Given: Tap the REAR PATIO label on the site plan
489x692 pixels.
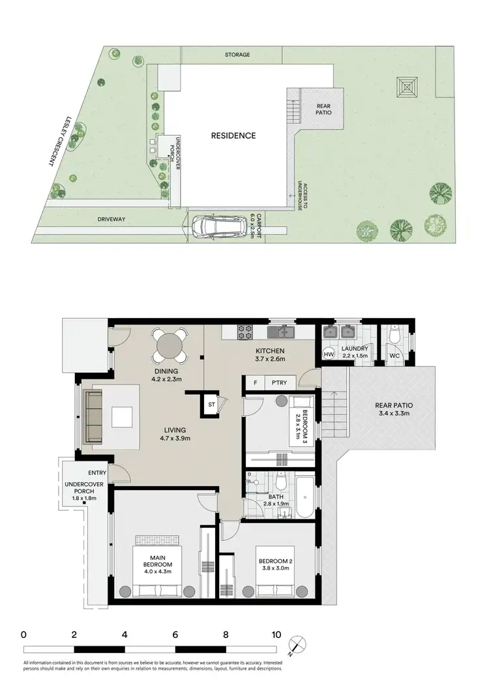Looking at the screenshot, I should click(324, 109).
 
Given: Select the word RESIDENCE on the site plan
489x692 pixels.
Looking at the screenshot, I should click(233, 136).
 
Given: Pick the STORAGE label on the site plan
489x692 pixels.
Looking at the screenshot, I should click(237, 55).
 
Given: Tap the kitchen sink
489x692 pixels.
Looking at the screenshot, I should click(285, 332).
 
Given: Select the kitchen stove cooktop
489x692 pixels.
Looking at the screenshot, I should click(244, 332).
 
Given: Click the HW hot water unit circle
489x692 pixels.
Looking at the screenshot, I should click(329, 354).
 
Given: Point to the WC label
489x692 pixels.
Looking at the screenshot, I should click(394, 356).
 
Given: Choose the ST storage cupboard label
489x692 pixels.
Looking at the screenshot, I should click(211, 405).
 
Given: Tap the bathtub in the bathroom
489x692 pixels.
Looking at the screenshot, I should click(304, 495).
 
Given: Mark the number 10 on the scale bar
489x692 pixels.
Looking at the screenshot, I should click(276, 634).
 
